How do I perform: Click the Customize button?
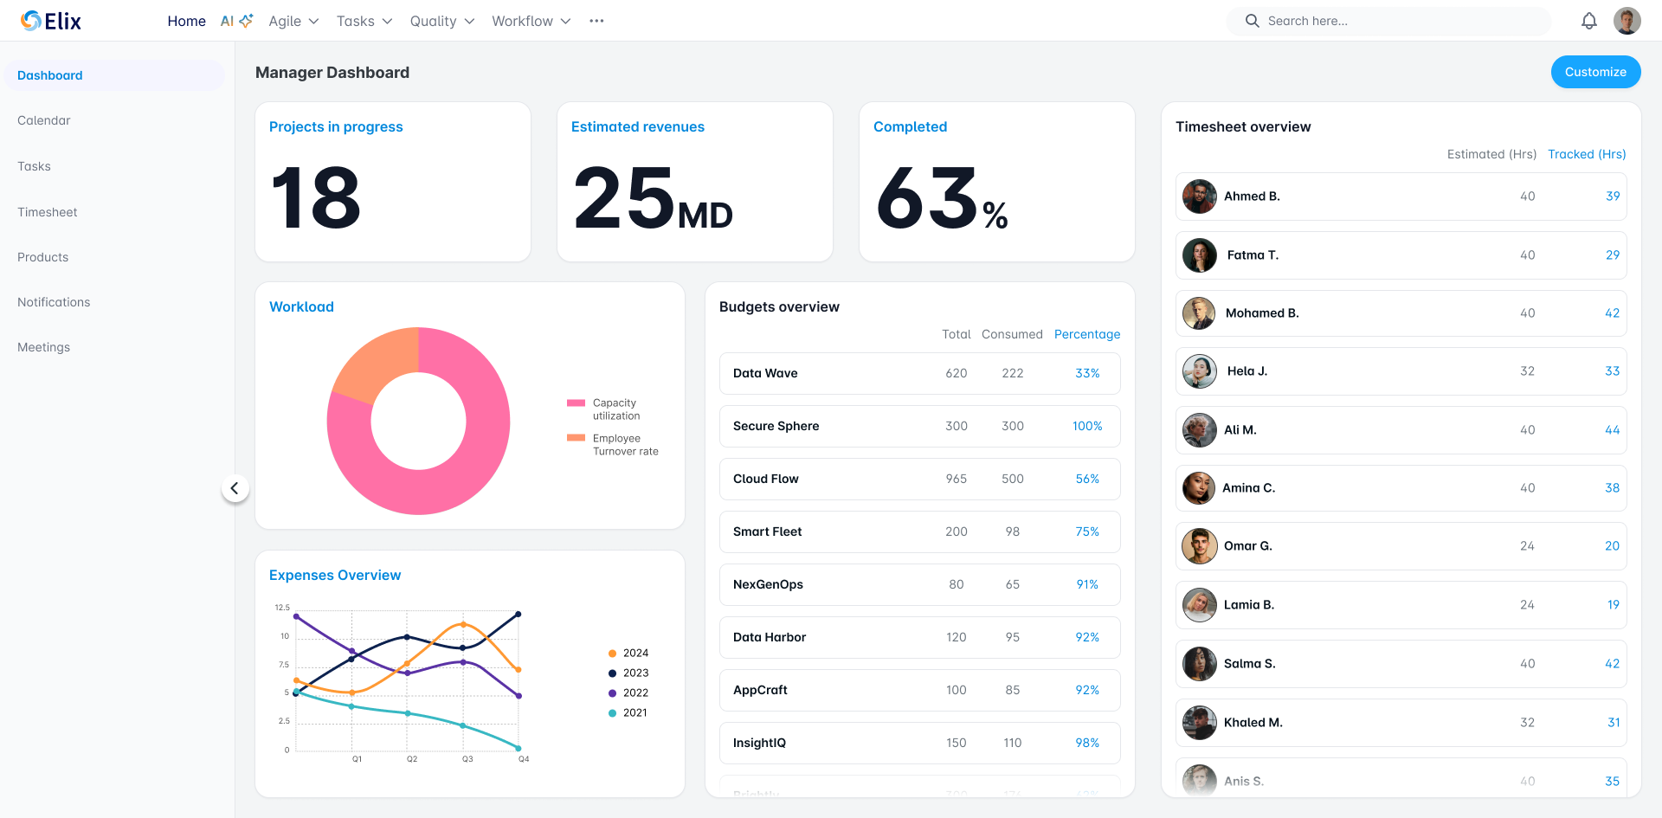click(x=1594, y=72)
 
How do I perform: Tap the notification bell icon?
click(x=1588, y=21)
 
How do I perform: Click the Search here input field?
click(x=1394, y=21)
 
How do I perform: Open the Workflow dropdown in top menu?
click(x=531, y=21)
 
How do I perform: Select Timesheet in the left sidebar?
click(x=48, y=212)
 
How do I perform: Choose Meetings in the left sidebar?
click(x=44, y=347)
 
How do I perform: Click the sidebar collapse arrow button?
click(x=235, y=488)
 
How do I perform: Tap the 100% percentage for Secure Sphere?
click(x=1086, y=426)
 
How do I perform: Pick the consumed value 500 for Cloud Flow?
click(x=1012, y=479)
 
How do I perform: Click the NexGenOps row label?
click(x=768, y=584)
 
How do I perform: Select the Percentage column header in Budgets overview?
click(x=1086, y=334)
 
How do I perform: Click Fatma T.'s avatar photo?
click(x=1199, y=255)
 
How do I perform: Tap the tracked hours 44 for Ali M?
click(x=1611, y=430)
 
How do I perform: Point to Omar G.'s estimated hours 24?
click(x=1527, y=546)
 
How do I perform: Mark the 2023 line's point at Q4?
click(x=519, y=615)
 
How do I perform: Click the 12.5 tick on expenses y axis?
click(x=282, y=608)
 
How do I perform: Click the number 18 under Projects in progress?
click(x=316, y=198)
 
